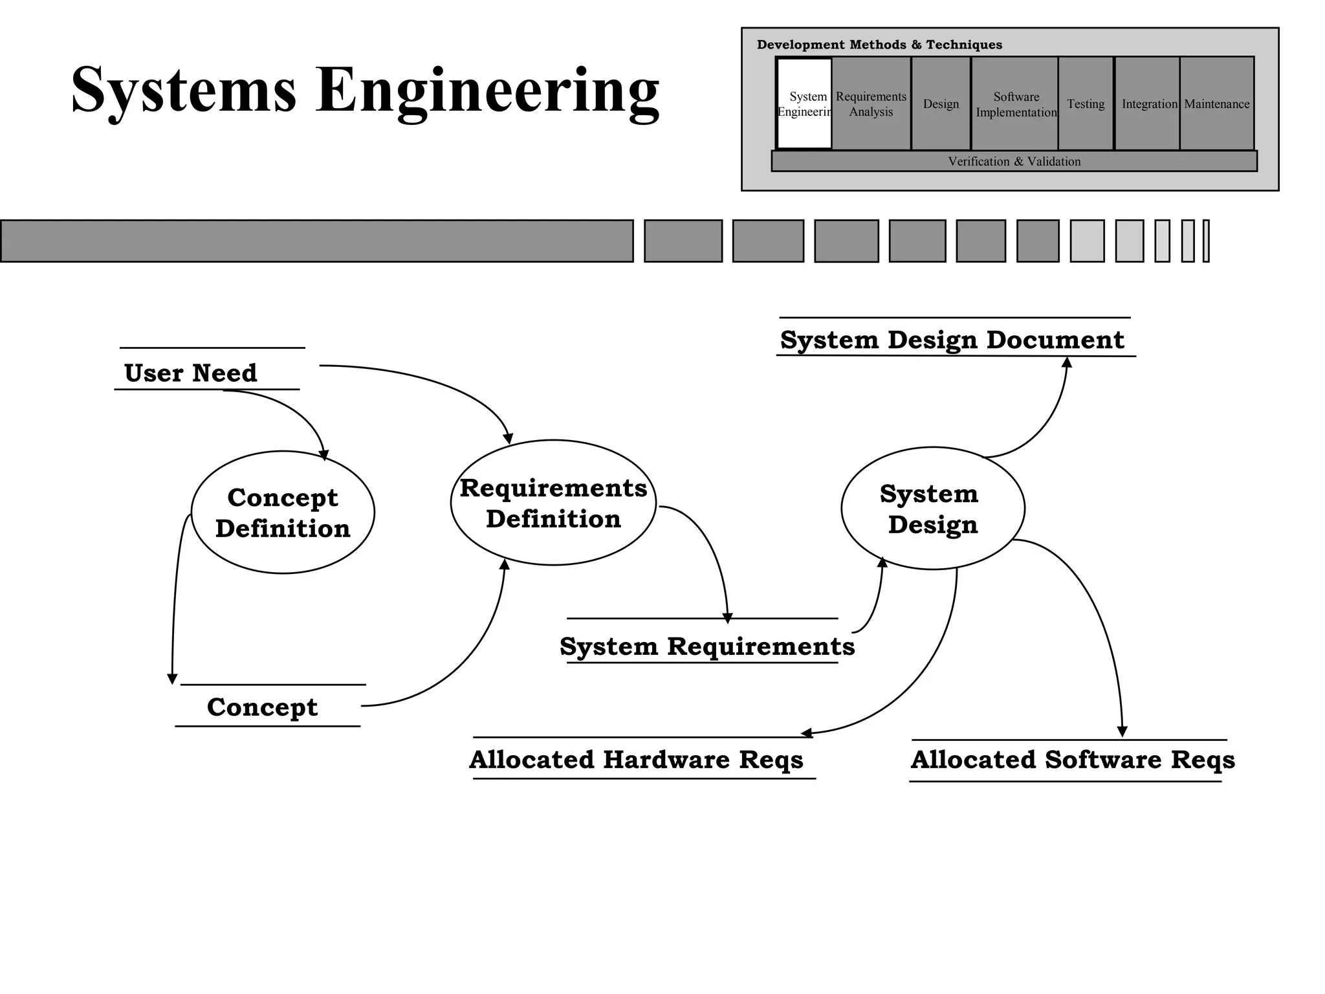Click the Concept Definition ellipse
coord(283,512)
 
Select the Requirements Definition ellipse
coord(553,503)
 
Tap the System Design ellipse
coord(932,508)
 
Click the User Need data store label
coord(190,373)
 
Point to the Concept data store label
coord(262,707)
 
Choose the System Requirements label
coord(706,646)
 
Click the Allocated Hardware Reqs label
coord(636,759)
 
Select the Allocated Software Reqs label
coord(1072,759)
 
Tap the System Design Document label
coord(952,339)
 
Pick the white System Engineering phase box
coord(804,104)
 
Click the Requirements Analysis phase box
coord(871,104)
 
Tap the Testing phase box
coord(1086,104)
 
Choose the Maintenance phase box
coord(1216,104)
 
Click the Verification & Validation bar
coord(1014,161)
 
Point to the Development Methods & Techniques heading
coord(879,45)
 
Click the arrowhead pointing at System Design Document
coord(1067,362)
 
